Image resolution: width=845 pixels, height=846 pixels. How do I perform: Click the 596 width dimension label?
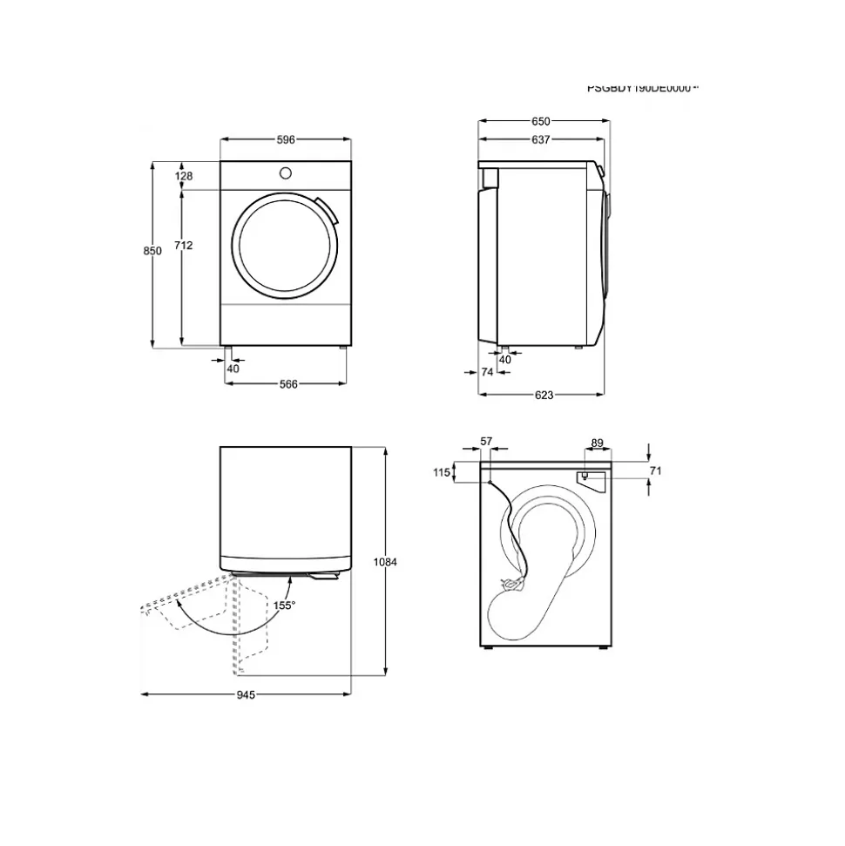click(286, 139)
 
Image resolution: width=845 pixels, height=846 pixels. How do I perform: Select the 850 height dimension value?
click(152, 251)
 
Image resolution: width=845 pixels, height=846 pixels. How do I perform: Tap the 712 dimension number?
click(183, 246)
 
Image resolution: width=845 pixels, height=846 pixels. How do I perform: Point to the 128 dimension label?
click(183, 176)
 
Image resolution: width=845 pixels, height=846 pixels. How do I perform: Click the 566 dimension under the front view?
click(287, 383)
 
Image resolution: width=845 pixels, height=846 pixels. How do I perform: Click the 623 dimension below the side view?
click(544, 395)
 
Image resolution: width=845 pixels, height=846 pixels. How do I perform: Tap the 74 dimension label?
click(488, 372)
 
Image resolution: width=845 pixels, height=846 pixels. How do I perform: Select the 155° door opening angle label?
click(284, 605)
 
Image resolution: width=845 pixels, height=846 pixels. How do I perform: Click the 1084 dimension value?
click(385, 563)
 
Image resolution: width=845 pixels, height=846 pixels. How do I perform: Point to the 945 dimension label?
click(245, 695)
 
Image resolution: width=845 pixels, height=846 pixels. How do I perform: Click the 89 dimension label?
click(597, 443)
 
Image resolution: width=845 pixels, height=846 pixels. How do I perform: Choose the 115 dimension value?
click(441, 472)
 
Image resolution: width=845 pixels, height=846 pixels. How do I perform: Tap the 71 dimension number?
click(656, 470)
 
